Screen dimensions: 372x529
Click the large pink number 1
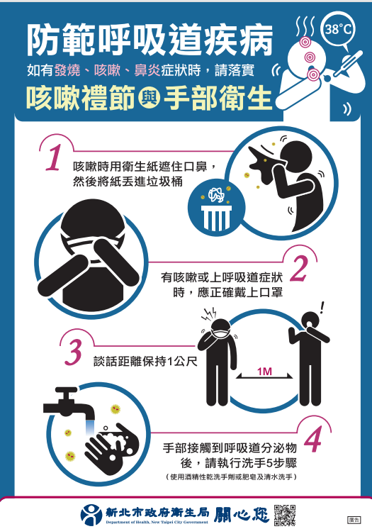tap(54, 157)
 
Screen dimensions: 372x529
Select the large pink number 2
tap(299, 269)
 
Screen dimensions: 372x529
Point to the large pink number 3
tap(74, 352)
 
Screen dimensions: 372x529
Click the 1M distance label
tap(264, 372)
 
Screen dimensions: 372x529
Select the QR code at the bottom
tap(285, 515)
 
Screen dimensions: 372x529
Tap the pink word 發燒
tap(67, 70)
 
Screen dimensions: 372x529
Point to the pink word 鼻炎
tap(147, 70)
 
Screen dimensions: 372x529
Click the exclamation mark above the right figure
tap(322, 307)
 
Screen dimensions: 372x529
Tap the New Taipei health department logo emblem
tap(91, 515)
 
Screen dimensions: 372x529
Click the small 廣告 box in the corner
tap(354, 520)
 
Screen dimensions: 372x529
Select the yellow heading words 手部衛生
tap(218, 99)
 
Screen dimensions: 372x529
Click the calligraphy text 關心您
tap(242, 515)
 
